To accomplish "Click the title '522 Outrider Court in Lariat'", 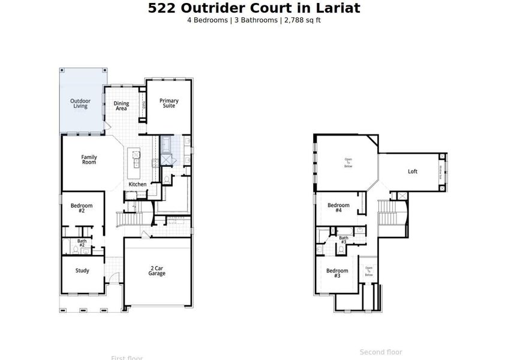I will (x=254, y=8).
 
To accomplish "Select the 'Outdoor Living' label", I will (x=80, y=104).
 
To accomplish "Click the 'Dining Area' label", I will (x=121, y=106).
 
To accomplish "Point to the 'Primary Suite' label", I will (x=169, y=104).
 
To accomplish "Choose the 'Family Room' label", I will (x=89, y=160).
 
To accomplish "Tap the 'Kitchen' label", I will (x=137, y=184).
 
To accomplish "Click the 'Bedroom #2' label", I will (x=82, y=208).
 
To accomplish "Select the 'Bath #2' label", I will (x=82, y=243).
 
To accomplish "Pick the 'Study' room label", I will (x=82, y=271).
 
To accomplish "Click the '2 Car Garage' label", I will (x=157, y=271).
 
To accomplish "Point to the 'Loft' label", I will (x=413, y=172).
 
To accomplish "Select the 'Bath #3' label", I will (x=344, y=240).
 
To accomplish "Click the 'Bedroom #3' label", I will (x=337, y=273).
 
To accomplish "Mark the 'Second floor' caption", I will (x=381, y=352).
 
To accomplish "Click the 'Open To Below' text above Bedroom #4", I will (x=348, y=163).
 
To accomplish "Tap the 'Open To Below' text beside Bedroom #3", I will (x=369, y=271).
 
